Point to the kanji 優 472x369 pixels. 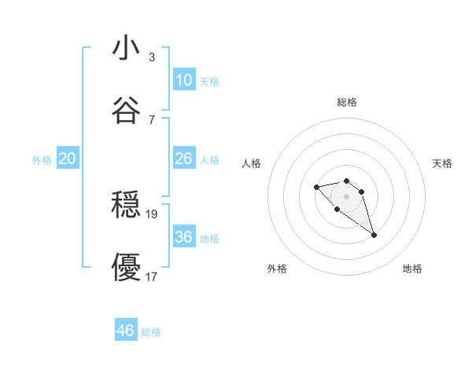126,268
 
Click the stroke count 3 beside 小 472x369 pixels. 152,57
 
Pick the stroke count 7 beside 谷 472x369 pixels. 152,119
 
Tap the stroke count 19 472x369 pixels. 153,214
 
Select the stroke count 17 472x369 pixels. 153,276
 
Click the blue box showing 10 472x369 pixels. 184,80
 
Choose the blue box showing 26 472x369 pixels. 184,159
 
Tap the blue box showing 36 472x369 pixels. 184,237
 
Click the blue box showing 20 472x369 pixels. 68,159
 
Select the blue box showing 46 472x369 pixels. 126,331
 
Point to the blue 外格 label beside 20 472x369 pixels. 42,160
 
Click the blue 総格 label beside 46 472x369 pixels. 151,332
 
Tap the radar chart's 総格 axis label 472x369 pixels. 346,102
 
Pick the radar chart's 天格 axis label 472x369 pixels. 442,163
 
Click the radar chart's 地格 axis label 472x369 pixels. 412,269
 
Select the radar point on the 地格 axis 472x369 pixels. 374,235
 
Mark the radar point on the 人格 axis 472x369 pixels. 316,187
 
